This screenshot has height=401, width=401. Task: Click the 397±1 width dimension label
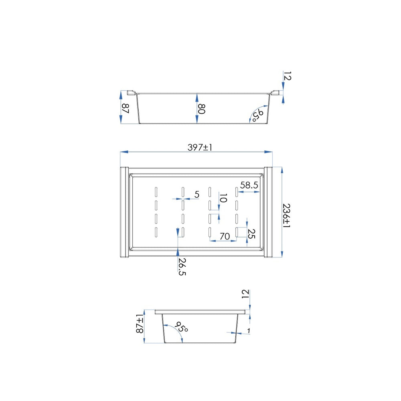pyautogui.click(x=200, y=147)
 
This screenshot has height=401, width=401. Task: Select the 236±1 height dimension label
pyautogui.click(x=287, y=215)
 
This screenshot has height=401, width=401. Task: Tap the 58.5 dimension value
pyautogui.click(x=249, y=185)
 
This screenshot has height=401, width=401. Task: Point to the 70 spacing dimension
pyautogui.click(x=225, y=236)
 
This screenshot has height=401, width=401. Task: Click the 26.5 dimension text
pyautogui.click(x=182, y=267)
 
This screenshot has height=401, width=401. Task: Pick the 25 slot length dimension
pyautogui.click(x=252, y=234)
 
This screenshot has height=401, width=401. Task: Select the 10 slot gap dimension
pyautogui.click(x=223, y=198)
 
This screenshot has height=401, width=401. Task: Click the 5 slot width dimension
pyautogui.click(x=196, y=194)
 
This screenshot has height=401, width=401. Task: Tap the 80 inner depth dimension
pyautogui.click(x=202, y=109)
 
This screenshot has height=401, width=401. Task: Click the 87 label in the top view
pyautogui.click(x=125, y=108)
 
